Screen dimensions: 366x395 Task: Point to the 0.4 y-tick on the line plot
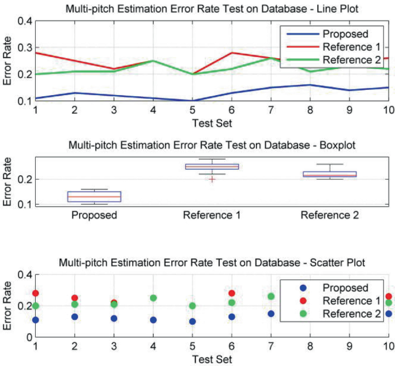[25, 21]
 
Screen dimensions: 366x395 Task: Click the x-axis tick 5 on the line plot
[191, 110]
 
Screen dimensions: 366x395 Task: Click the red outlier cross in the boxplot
[212, 179]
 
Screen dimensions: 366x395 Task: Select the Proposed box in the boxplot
[86, 197]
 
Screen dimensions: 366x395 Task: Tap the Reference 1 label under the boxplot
[212, 216]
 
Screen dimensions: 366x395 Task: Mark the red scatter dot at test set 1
[36, 293]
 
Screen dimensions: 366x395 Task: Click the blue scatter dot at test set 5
[191, 322]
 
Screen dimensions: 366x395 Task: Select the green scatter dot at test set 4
[153, 298]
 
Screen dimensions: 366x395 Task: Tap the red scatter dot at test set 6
[231, 293]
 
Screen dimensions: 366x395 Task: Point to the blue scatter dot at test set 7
[270, 314]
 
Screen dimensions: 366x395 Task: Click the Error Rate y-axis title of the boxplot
[8, 180]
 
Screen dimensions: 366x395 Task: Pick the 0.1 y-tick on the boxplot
[25, 205]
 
